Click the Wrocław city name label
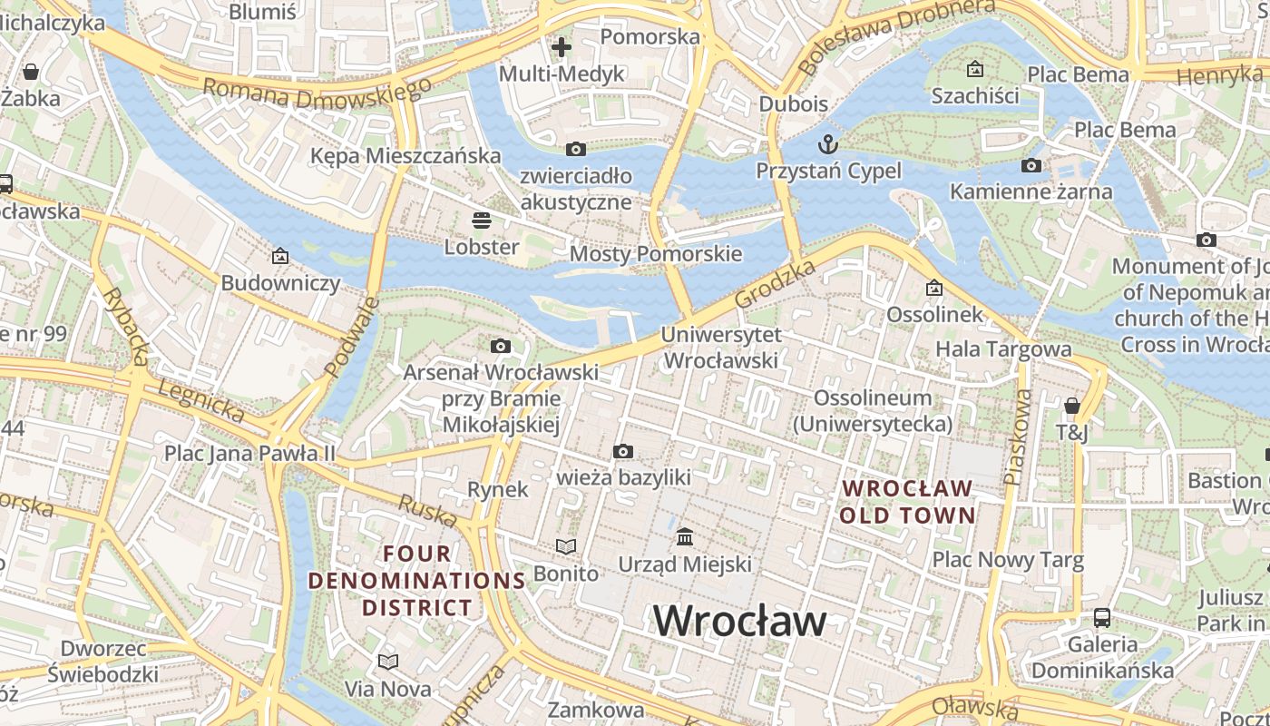click(x=739, y=621)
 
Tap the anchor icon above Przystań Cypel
click(x=827, y=143)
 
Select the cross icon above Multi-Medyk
click(x=562, y=46)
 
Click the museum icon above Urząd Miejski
click(x=685, y=536)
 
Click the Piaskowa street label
click(x=1018, y=436)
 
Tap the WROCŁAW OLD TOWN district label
click(x=907, y=502)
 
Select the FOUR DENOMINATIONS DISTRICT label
click(x=417, y=580)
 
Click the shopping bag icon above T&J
click(x=1072, y=405)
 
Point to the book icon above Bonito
click(x=566, y=546)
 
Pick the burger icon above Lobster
click(x=481, y=220)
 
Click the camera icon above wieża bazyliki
click(x=622, y=451)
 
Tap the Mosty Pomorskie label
click(x=655, y=254)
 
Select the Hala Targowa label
click(x=1003, y=348)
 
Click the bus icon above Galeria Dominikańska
click(x=1101, y=618)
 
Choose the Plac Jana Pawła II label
click(x=249, y=452)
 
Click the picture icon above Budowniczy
click(x=280, y=257)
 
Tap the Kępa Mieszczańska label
click(x=405, y=155)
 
